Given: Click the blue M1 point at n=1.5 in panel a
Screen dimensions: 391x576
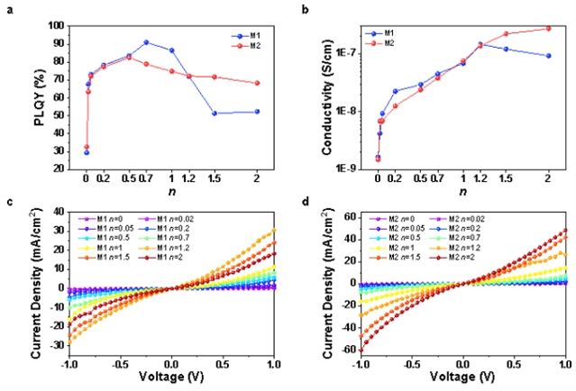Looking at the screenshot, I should click(215, 113).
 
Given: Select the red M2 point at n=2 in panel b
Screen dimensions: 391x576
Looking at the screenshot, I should click(548, 28).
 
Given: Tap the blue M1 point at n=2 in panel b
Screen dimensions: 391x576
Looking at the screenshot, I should click(548, 56).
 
